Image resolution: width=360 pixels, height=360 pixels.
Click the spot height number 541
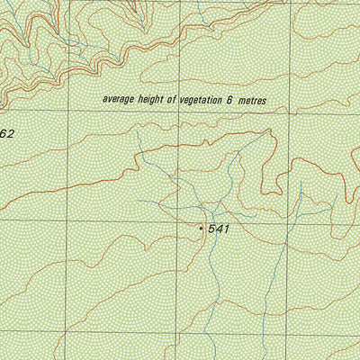coord(220,229)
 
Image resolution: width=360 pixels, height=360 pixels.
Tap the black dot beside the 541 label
coord(201,229)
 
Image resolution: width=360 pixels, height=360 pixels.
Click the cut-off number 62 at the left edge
coord(7,133)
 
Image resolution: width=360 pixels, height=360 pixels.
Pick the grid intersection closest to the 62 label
coord(65,114)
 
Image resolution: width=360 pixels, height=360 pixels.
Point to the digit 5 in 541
coord(211,229)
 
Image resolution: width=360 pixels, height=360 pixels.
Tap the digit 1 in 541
coord(228,229)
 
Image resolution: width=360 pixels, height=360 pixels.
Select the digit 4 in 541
coord(220,229)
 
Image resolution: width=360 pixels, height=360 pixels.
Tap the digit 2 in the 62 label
coord(11,133)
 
